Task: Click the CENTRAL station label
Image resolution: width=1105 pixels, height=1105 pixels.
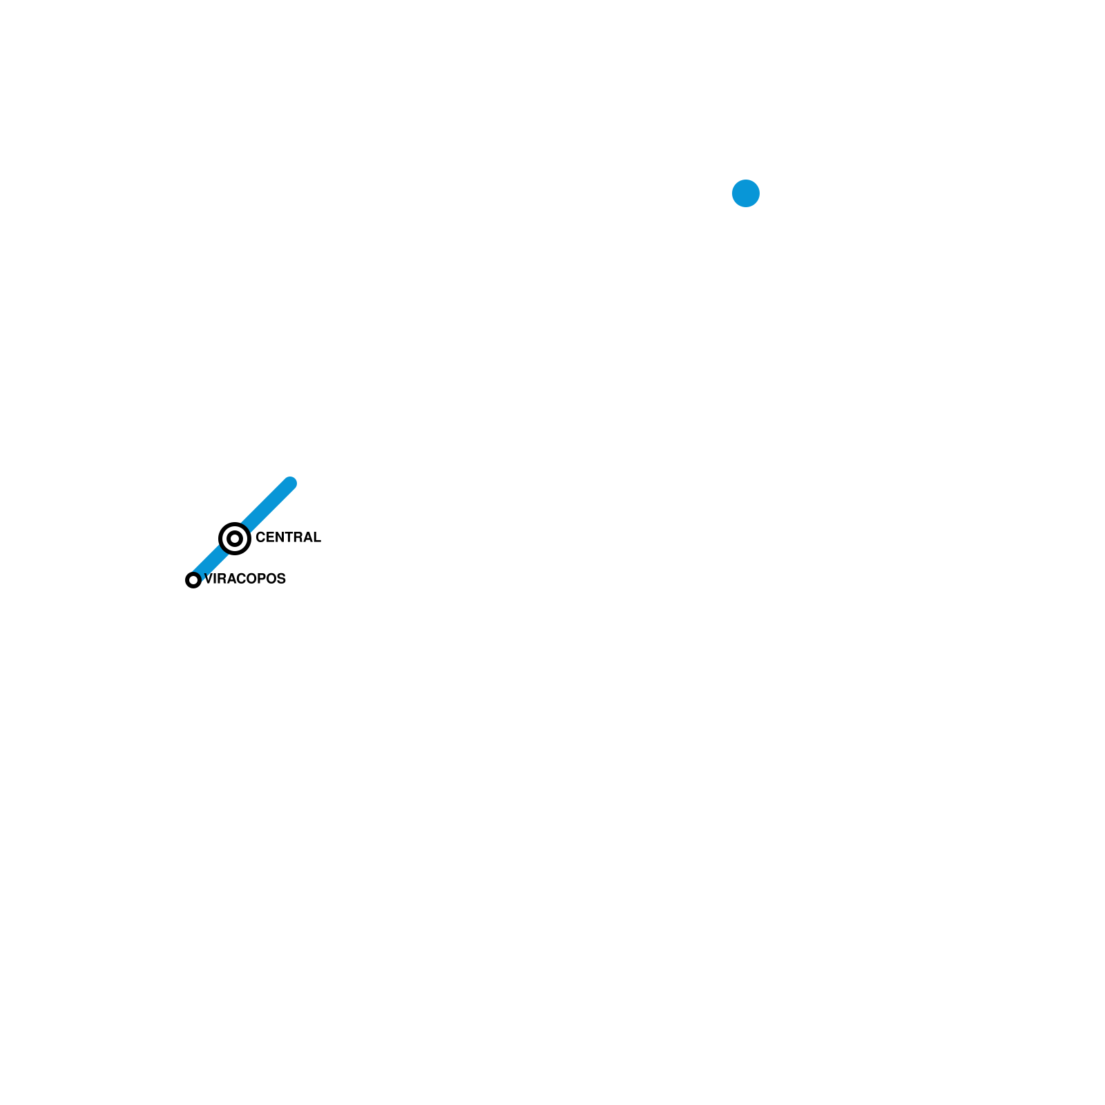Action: pos(288,537)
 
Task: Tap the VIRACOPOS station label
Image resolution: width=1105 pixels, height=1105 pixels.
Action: pos(245,579)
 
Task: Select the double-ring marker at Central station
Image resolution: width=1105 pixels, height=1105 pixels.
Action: pos(235,539)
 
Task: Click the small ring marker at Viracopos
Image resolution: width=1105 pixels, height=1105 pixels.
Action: pos(193,580)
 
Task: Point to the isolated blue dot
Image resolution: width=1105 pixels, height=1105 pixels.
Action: pos(746,193)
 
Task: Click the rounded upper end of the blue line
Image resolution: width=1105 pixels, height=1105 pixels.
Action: pos(290,483)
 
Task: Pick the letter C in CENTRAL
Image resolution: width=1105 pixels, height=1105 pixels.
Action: pos(260,537)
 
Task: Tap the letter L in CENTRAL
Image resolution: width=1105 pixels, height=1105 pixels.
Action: pos(316,537)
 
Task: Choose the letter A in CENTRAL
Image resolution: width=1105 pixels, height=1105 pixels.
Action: pos(307,537)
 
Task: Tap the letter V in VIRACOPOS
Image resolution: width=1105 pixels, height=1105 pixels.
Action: pos(209,579)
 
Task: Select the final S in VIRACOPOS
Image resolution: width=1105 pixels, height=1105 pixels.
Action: pos(282,579)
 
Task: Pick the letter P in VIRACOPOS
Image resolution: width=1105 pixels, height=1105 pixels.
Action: pos(263,579)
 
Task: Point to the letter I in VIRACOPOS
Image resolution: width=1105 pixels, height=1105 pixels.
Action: pos(215,579)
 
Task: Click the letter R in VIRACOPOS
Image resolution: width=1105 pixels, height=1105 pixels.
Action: pos(222,579)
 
